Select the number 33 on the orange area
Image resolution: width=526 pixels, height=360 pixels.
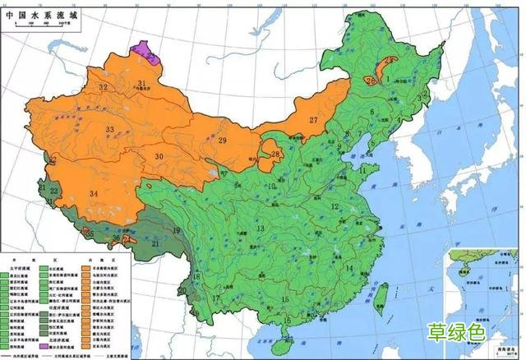(109, 129)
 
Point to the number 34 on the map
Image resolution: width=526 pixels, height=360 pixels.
(95, 193)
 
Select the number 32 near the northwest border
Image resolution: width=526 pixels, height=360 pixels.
(103, 87)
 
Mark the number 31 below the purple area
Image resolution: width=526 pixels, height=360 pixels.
(141, 83)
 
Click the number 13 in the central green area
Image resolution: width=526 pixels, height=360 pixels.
(261, 228)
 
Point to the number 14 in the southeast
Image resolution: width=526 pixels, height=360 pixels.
(348, 268)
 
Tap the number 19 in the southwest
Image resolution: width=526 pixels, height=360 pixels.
(175, 231)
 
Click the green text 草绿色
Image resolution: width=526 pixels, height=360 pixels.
(456, 333)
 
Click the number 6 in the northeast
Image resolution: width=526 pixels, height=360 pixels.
(371, 112)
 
